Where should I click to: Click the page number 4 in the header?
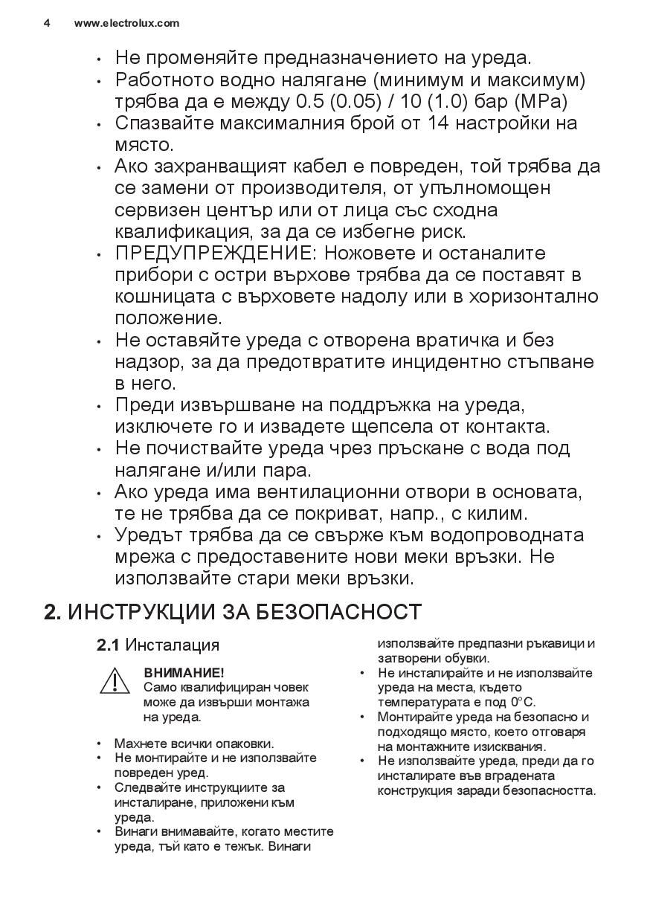47,23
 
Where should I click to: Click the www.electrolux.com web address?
126,23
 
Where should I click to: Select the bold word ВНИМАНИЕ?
184,672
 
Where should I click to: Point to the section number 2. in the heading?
52,612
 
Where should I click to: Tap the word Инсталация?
172,645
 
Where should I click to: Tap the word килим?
501,514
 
